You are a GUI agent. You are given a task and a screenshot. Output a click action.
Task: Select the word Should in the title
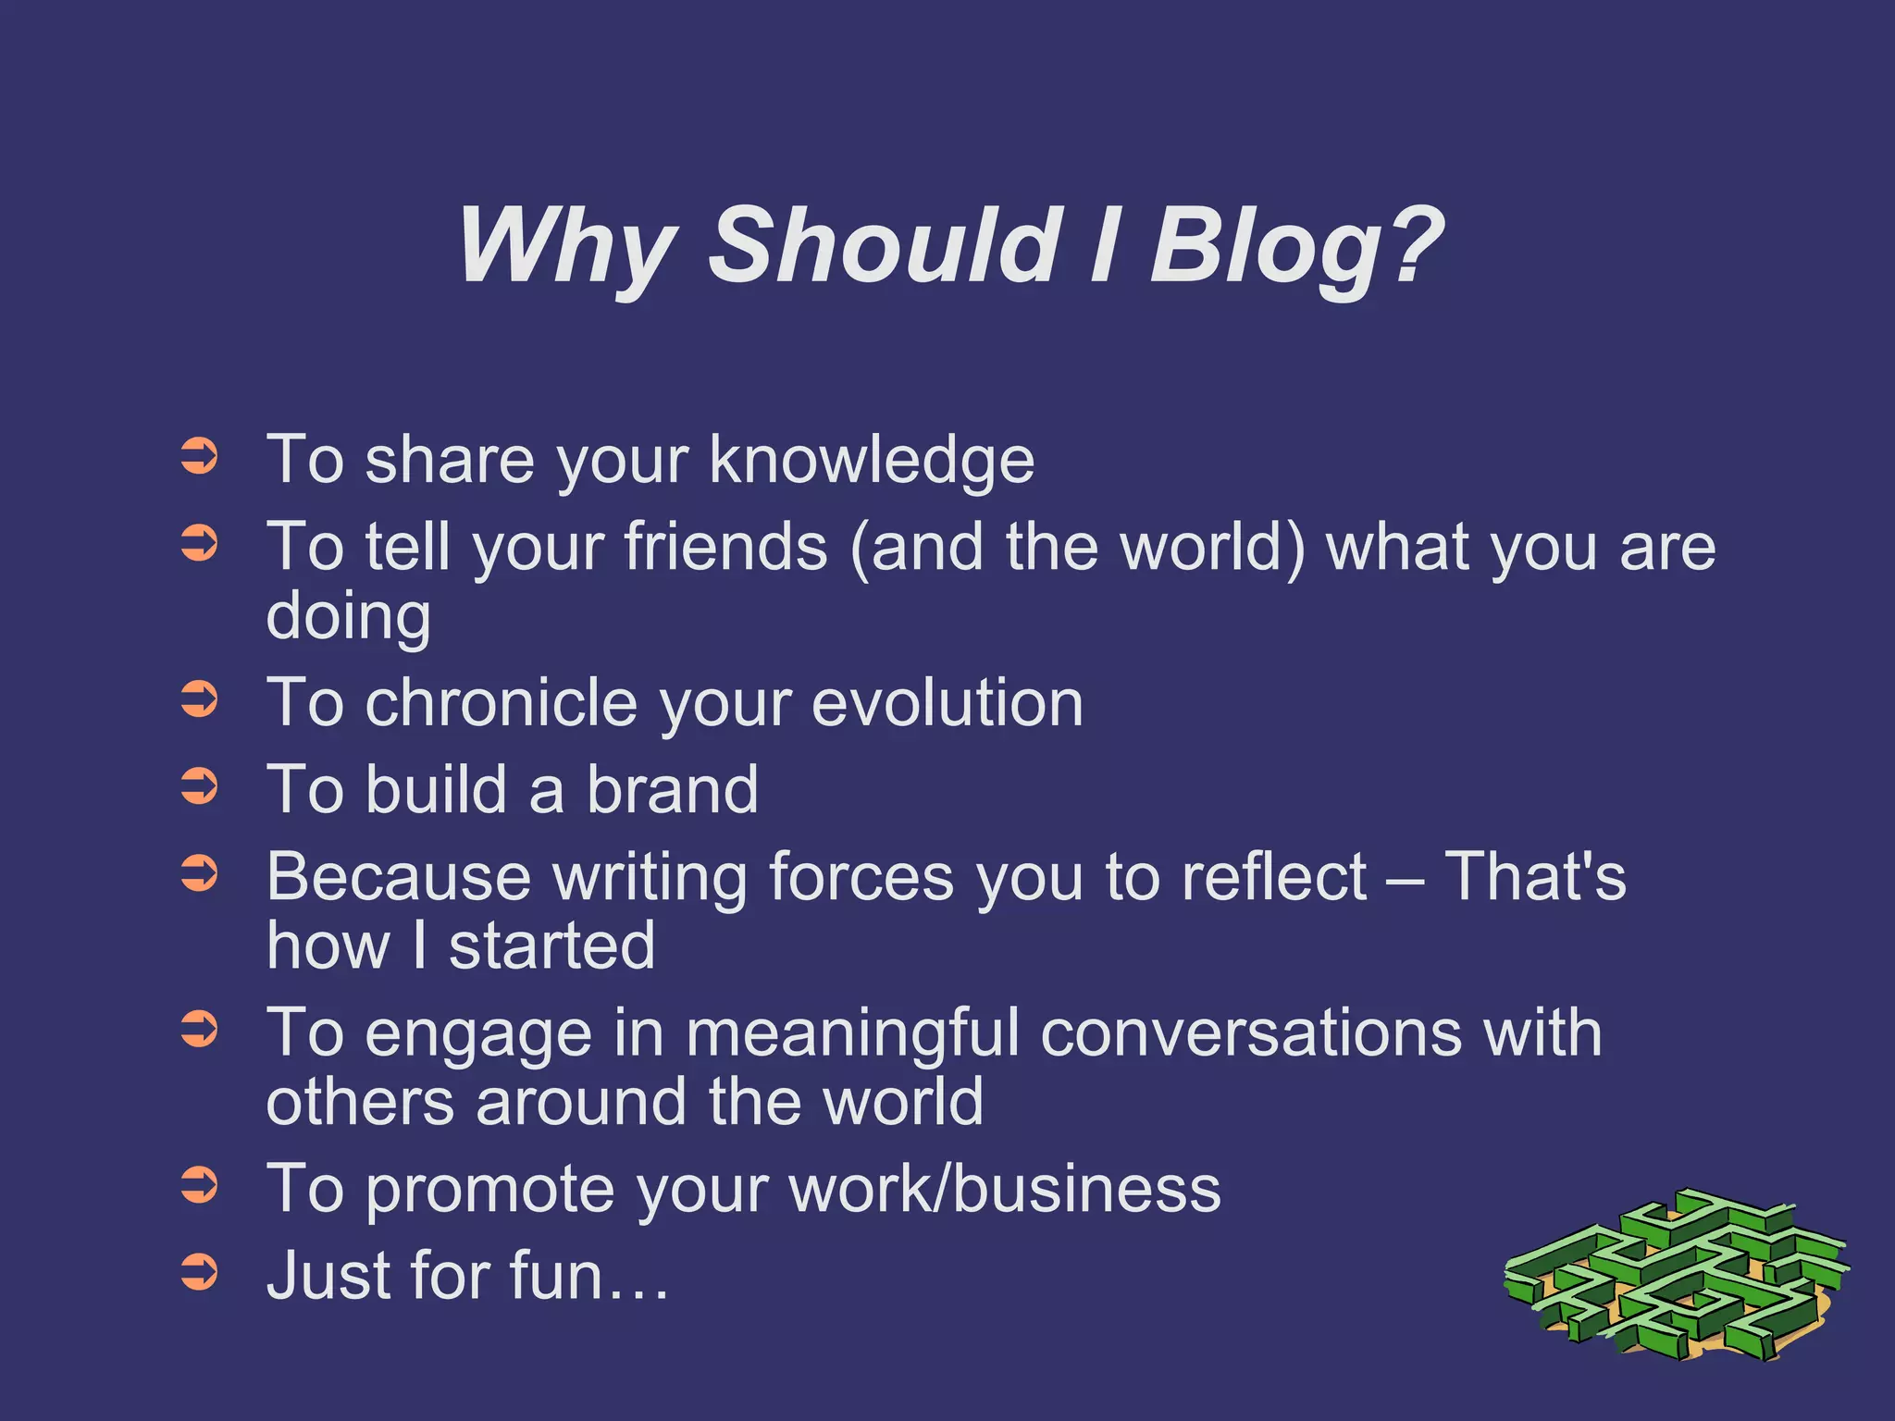click(x=884, y=245)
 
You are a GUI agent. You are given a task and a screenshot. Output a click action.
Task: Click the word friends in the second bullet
click(x=725, y=547)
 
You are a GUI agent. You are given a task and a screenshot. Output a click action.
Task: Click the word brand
click(x=672, y=790)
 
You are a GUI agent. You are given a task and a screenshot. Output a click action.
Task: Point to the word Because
click(x=398, y=877)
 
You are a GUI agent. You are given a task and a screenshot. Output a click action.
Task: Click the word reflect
click(x=1273, y=877)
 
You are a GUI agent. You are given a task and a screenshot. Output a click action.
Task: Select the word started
click(x=551, y=946)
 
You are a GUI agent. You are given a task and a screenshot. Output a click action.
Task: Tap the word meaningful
click(x=851, y=1033)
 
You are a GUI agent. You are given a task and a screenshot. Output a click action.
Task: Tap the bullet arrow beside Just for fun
click(x=199, y=1271)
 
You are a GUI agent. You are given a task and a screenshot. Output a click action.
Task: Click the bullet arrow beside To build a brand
click(x=199, y=785)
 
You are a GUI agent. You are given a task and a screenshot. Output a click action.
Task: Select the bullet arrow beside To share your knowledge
click(x=199, y=456)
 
